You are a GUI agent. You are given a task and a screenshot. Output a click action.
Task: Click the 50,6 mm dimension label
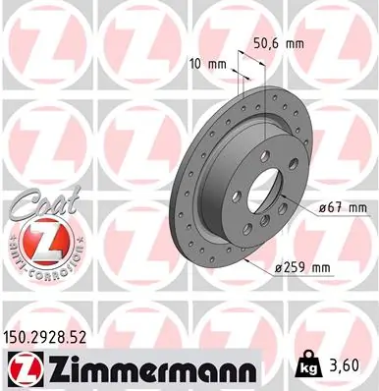pyautogui.click(x=279, y=43)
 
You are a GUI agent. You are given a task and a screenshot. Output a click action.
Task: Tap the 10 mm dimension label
pyautogui.click(x=212, y=65)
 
